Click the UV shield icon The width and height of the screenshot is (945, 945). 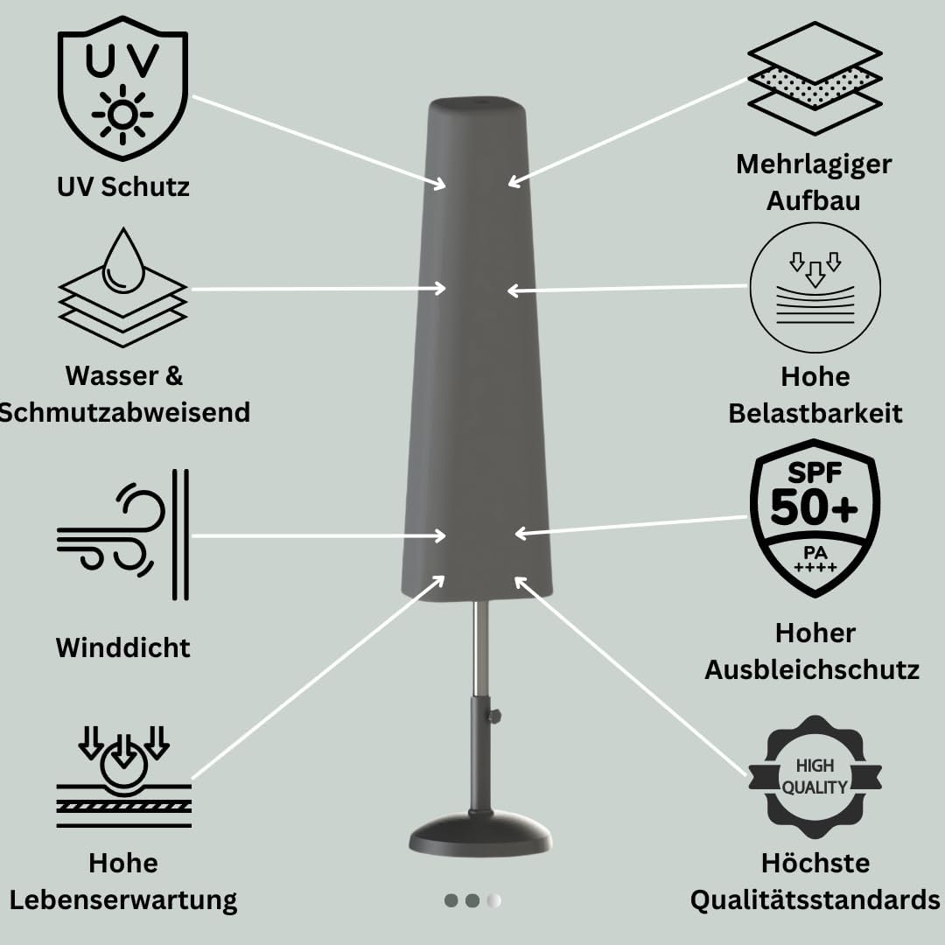click(x=122, y=94)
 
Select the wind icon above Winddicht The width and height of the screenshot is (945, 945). click(x=122, y=535)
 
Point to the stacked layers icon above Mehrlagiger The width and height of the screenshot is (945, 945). click(x=815, y=79)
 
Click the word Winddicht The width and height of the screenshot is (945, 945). click(x=122, y=647)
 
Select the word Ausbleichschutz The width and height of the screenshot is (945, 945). click(x=812, y=669)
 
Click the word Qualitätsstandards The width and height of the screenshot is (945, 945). click(x=815, y=899)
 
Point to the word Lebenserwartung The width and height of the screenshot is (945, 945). click(x=123, y=899)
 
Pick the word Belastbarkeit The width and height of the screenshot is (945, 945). click(x=815, y=413)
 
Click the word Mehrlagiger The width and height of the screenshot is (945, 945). click(x=815, y=164)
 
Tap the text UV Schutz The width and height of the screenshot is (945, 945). click(x=122, y=186)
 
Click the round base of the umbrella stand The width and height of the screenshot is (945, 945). click(x=480, y=836)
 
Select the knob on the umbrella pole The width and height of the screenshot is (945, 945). click(x=495, y=717)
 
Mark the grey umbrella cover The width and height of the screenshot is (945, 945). click(x=479, y=350)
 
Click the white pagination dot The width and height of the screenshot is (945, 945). click(x=494, y=899)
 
